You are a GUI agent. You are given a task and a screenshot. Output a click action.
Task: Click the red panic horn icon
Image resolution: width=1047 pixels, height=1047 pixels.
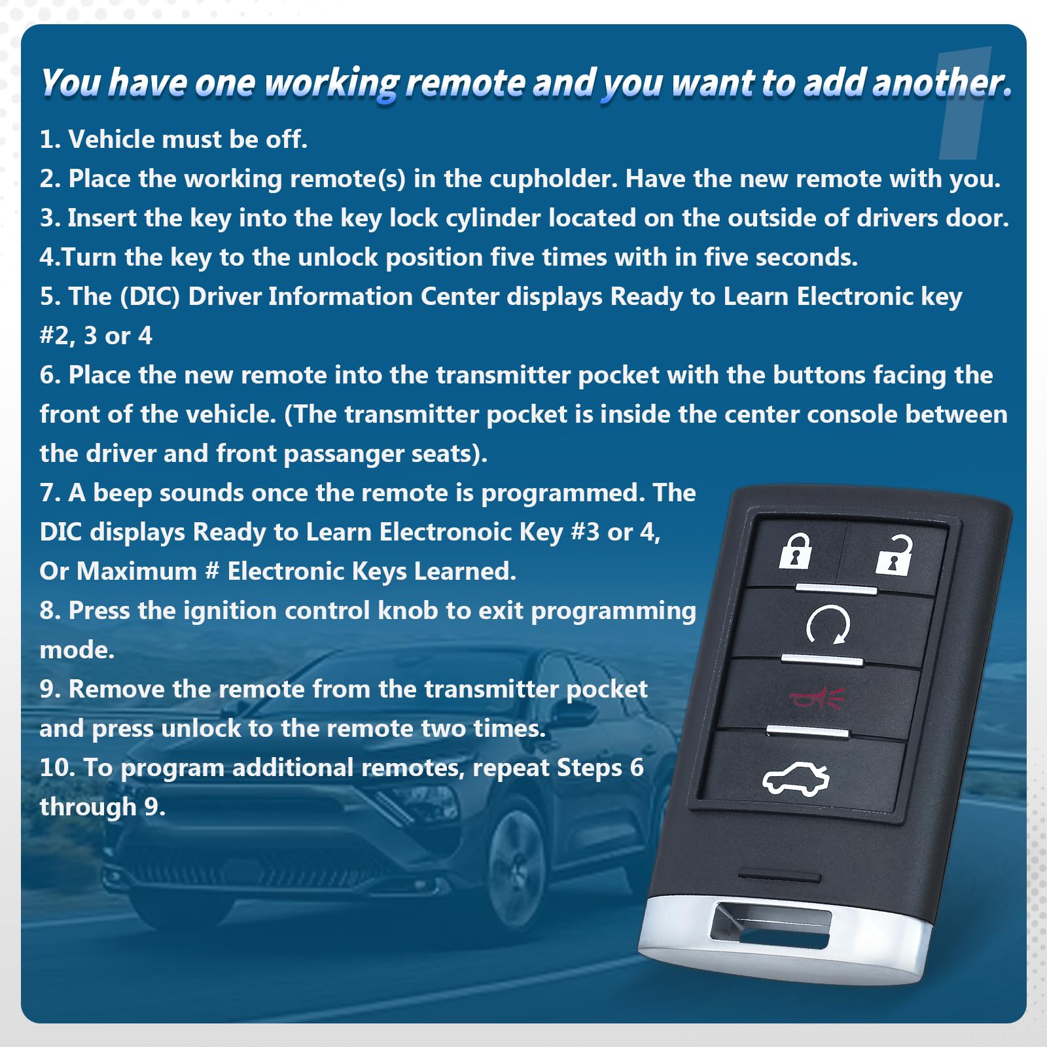817,698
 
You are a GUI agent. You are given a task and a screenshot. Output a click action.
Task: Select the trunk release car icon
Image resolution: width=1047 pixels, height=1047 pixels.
796,779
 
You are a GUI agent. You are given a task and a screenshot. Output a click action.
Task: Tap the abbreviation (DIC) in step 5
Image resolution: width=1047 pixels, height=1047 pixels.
150,296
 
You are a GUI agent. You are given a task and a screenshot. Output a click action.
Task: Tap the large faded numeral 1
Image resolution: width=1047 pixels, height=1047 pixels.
965,105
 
